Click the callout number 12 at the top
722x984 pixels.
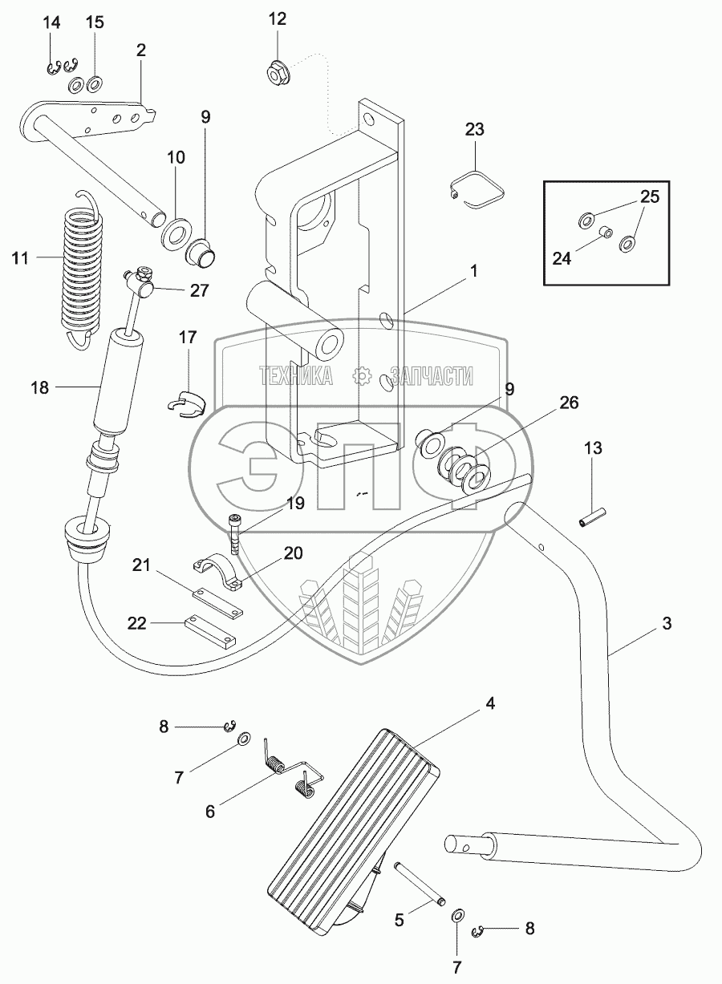coord(277,19)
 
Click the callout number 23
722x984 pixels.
coord(475,129)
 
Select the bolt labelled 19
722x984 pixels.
coord(234,532)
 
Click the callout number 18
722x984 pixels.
coord(40,387)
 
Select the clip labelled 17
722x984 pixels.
coord(187,402)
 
